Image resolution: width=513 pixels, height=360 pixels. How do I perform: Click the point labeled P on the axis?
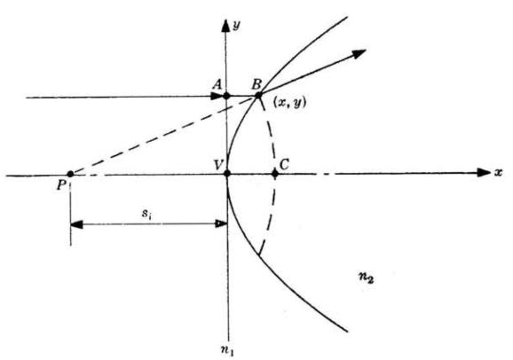[70, 174]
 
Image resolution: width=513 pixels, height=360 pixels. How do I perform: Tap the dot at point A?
[226, 96]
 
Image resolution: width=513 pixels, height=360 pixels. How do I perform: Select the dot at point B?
[258, 96]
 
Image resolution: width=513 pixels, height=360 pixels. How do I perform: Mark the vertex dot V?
[227, 173]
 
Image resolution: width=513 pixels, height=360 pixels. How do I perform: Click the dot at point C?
[275, 174]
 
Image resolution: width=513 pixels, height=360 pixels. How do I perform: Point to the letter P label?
[61, 185]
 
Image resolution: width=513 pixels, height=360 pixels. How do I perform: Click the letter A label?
[217, 85]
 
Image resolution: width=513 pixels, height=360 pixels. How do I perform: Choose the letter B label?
[256, 84]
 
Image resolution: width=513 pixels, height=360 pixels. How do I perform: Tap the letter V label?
[219, 164]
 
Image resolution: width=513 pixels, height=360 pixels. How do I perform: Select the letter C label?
[284, 164]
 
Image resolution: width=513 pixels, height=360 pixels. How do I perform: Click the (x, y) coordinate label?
[289, 104]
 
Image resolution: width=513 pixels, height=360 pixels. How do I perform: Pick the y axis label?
[236, 26]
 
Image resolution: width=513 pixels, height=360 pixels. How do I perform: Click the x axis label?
[498, 172]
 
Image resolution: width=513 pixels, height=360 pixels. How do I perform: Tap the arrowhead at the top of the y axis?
[225, 26]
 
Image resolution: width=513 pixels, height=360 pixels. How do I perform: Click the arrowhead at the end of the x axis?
[485, 172]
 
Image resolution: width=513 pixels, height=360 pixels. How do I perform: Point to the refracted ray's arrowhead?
[359, 53]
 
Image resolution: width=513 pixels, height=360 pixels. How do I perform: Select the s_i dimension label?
[146, 215]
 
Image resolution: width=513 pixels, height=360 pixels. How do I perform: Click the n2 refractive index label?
[366, 278]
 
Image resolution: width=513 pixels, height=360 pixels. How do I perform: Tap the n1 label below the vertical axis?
[227, 350]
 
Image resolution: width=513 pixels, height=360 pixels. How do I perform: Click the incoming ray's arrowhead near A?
[217, 96]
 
